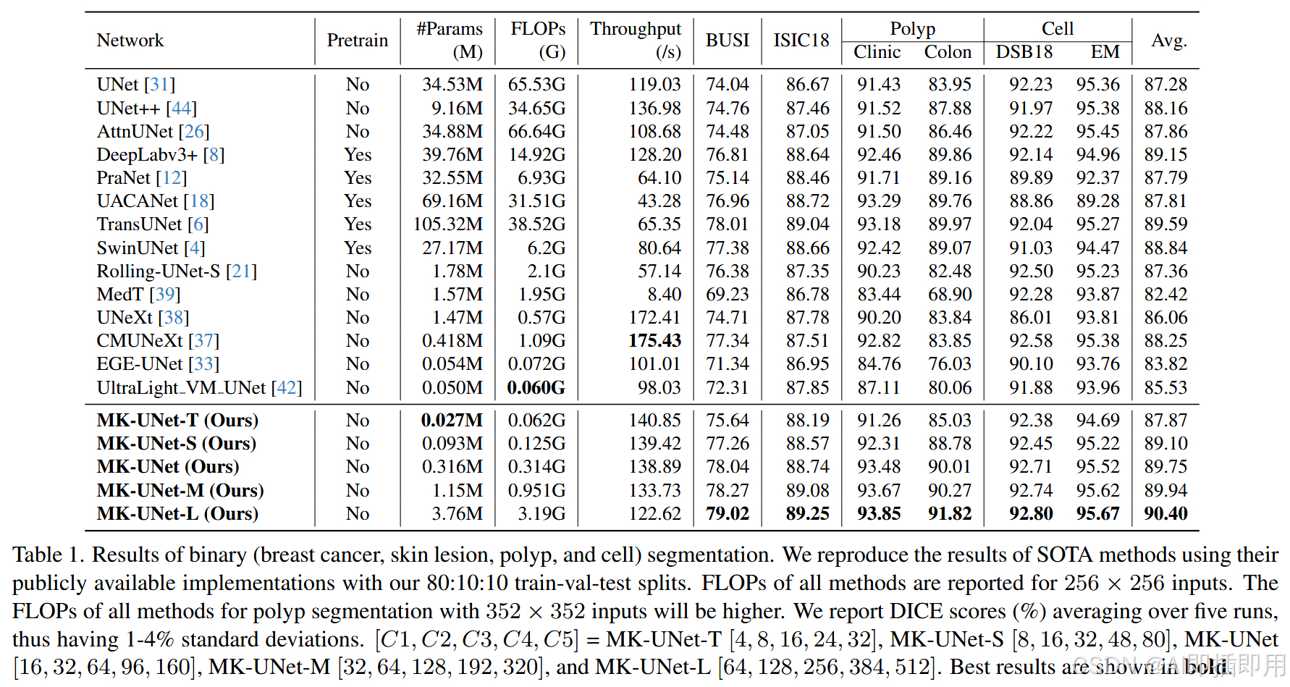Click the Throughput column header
(635, 40)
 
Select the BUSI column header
(727, 41)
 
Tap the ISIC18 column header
(801, 41)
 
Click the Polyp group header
(912, 29)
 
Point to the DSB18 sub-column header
(1024, 52)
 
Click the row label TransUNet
(140, 224)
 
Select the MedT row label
(121, 295)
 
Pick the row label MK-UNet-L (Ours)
(177, 514)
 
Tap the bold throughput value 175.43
(654, 341)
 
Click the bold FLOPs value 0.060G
(536, 388)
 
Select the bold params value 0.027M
(452, 421)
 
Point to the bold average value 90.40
(1165, 514)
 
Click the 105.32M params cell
(447, 224)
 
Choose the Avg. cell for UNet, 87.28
(1165, 85)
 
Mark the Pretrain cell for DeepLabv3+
(358, 155)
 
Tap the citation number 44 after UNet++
(182, 109)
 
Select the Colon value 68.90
(950, 295)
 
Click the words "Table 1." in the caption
(48, 555)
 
